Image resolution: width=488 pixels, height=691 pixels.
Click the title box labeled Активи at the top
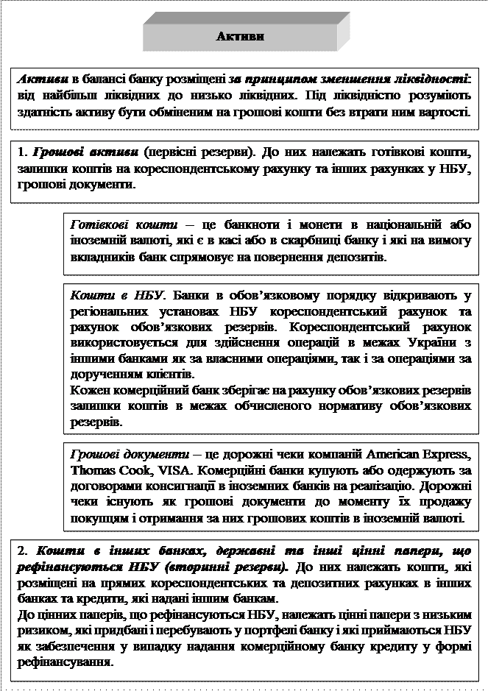(x=241, y=35)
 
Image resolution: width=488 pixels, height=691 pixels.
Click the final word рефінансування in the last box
(x=64, y=661)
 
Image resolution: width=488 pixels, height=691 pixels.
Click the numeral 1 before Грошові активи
(x=20, y=152)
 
